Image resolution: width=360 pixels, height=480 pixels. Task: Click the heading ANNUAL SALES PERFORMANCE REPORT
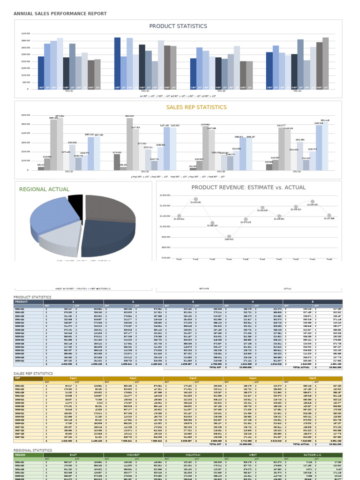tap(60, 14)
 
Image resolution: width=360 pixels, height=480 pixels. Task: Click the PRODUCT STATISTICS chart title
tap(178, 26)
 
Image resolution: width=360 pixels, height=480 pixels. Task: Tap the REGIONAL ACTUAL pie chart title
tap(44, 189)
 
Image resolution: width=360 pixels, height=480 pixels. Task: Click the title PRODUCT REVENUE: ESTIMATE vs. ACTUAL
tap(248, 187)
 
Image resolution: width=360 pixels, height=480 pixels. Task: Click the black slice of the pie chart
tap(75, 202)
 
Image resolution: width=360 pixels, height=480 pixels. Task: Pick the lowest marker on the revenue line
tap(229, 237)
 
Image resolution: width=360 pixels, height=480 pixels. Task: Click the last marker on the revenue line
tap(329, 215)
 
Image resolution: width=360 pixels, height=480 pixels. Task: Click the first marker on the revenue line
tap(179, 216)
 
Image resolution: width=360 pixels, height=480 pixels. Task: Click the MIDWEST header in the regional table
tap(134, 455)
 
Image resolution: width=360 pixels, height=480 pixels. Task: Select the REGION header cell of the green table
tap(21, 455)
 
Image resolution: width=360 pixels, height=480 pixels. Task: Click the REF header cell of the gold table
tap(18, 378)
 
